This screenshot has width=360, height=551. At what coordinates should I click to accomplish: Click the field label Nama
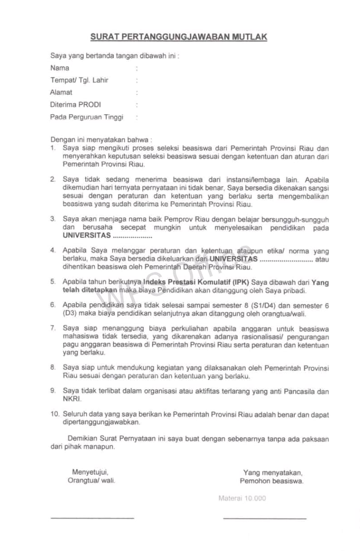(60, 68)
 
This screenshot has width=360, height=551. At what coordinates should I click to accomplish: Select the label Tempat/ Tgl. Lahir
(79, 80)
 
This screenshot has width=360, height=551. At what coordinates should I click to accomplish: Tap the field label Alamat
(61, 92)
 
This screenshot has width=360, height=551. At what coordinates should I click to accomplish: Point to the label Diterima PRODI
(76, 105)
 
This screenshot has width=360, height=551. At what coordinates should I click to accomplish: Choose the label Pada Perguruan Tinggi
(87, 117)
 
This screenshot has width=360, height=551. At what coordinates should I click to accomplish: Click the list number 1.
(53, 148)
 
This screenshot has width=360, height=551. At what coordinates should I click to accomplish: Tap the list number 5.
(53, 282)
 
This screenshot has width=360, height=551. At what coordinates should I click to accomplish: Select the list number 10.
(54, 415)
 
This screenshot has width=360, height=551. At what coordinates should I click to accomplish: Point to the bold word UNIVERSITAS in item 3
(87, 236)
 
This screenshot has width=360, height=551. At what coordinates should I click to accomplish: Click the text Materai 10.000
(242, 498)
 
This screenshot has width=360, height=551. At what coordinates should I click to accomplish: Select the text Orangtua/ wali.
(92, 480)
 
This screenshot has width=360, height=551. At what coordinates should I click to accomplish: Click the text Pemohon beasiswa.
(272, 481)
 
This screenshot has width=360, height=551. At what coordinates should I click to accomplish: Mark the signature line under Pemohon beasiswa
(265, 518)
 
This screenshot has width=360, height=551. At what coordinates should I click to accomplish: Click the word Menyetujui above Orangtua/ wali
(90, 472)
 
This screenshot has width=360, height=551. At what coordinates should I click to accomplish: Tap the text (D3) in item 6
(70, 314)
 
